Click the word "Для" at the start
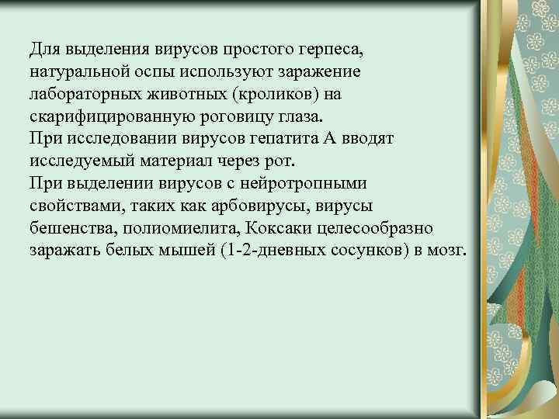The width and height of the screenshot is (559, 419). [43, 50]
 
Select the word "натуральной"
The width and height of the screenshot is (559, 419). [78, 71]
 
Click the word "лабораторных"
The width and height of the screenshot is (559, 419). [78, 93]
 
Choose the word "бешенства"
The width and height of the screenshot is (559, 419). [69, 229]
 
